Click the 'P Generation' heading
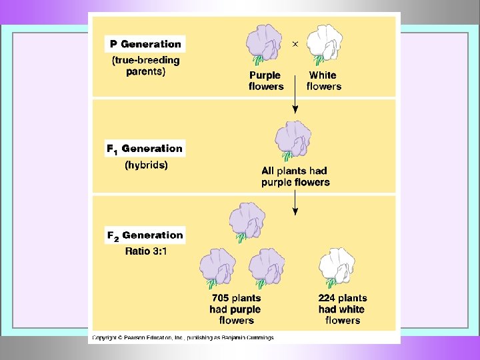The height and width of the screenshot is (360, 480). tap(145, 44)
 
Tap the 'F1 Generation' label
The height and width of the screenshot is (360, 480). tap(145, 149)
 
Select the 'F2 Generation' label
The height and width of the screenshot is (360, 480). tap(145, 235)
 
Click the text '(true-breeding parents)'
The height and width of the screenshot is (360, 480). tap(145, 66)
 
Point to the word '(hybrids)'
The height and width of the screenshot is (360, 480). tap(146, 165)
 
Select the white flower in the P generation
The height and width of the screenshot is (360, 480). tap(324, 44)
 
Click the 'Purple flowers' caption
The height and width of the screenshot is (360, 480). tap(265, 81)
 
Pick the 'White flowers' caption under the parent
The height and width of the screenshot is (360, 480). tap(323, 81)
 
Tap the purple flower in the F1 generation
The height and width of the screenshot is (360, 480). tap(293, 140)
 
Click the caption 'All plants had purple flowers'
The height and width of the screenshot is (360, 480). tap(295, 177)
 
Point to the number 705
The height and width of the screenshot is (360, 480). tap(221, 298)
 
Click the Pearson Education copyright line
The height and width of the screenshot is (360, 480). tap(182, 338)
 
